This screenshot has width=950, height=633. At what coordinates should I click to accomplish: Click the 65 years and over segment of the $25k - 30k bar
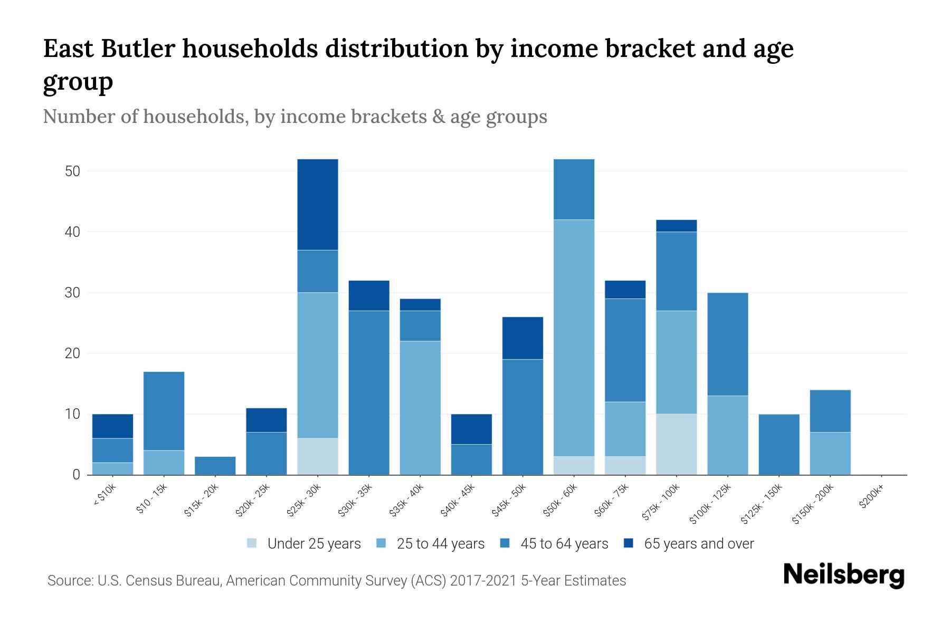pyautogui.click(x=317, y=205)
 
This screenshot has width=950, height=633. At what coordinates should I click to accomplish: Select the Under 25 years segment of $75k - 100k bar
pyautogui.click(x=676, y=444)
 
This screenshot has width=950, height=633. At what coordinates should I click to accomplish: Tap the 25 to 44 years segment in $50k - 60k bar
pyautogui.click(x=574, y=338)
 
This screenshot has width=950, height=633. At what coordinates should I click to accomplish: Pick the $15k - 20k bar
pyautogui.click(x=215, y=465)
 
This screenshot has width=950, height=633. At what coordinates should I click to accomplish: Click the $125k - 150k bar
pyautogui.click(x=778, y=444)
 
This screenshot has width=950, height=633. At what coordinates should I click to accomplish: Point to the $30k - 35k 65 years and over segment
pyautogui.click(x=368, y=295)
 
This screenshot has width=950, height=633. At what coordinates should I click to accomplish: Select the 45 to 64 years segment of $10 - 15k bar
pyautogui.click(x=164, y=411)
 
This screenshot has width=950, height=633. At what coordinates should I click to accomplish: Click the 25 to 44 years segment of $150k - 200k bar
pyautogui.click(x=830, y=453)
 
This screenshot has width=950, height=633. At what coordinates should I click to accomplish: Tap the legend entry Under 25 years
pyautogui.click(x=313, y=544)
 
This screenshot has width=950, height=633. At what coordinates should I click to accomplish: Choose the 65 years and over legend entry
pyautogui.click(x=698, y=544)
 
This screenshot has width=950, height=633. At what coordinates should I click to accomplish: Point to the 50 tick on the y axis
pyautogui.click(x=72, y=171)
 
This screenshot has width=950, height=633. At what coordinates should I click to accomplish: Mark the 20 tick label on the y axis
pyautogui.click(x=72, y=353)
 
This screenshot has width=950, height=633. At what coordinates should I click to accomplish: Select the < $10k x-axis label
pyautogui.click(x=104, y=496)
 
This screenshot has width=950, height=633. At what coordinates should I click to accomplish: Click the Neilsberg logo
pyautogui.click(x=843, y=575)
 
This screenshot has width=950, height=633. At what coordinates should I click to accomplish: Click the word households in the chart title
pyautogui.click(x=250, y=49)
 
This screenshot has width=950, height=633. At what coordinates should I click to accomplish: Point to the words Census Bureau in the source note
pyautogui.click(x=178, y=581)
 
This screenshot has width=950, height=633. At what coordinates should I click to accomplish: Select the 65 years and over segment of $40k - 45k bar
pyautogui.click(x=471, y=429)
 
